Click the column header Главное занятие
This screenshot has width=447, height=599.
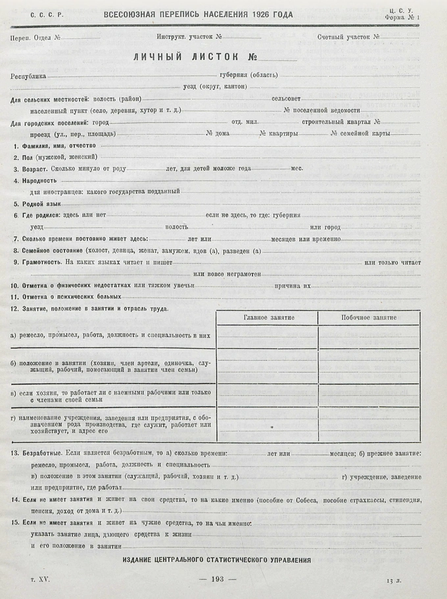click(x=268, y=317)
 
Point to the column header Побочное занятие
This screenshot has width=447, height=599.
click(x=369, y=317)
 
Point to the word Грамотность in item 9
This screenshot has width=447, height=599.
click(x=41, y=262)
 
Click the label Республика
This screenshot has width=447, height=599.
click(x=28, y=76)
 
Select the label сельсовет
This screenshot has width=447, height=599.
click(x=287, y=99)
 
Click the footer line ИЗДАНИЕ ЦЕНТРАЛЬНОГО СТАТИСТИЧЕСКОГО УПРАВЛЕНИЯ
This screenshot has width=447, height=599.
click(x=217, y=560)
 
